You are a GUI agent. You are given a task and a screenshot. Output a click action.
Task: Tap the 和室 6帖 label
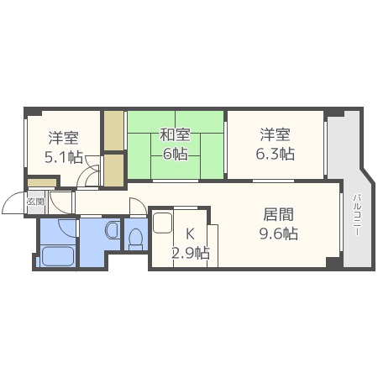[x=176, y=144]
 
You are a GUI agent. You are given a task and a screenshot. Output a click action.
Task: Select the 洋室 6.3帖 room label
[x=275, y=144]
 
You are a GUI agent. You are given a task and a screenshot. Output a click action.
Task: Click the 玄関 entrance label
[x=34, y=202]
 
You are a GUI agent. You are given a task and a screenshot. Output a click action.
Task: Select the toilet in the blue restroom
[x=135, y=238]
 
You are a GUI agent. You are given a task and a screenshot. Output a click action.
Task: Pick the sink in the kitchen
[x=162, y=224]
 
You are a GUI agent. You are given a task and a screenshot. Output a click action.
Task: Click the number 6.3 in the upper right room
[x=269, y=154]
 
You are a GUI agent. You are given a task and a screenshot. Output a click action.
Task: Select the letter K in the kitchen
[x=190, y=234]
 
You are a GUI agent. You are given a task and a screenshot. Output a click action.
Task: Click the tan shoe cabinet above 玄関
[x=40, y=183]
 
